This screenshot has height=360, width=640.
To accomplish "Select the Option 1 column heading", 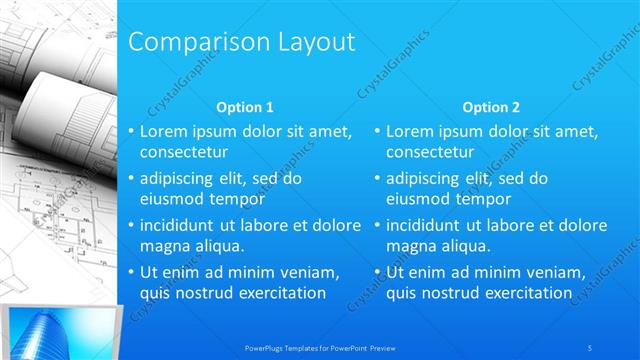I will [x=245, y=107].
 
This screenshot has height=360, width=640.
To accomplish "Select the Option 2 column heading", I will [x=491, y=107].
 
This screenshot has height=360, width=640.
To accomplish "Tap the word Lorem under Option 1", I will [x=164, y=132].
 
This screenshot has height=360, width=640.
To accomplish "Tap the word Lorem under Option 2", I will [x=410, y=132].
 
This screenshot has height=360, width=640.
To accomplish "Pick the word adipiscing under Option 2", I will [x=422, y=179].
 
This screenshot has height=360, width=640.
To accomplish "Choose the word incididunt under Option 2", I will [x=427, y=225].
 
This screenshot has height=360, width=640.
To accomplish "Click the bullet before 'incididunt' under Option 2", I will [x=376, y=226].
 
